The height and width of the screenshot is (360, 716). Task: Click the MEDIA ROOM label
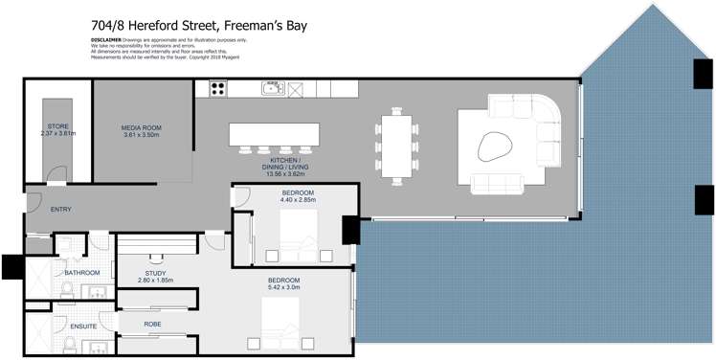coord(141,130)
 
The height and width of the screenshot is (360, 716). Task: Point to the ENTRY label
coord(60,209)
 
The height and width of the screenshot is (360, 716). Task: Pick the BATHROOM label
coord(82,272)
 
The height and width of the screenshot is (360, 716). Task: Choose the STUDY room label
coord(155,275)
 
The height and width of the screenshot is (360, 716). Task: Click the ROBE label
coord(152,325)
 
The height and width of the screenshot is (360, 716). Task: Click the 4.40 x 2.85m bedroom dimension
coord(298,200)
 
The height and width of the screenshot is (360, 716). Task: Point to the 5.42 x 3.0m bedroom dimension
coord(283,285)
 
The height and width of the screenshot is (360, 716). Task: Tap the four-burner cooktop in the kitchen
coord(217,89)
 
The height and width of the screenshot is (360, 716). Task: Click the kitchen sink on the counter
coord(272,89)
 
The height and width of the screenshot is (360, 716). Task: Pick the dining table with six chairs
coord(396,146)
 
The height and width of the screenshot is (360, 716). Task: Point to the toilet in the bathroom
coord(69,289)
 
